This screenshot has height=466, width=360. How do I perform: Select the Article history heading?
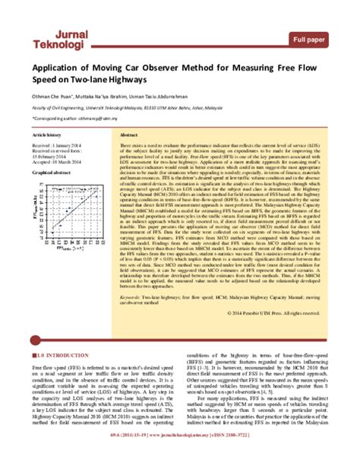point(50,133)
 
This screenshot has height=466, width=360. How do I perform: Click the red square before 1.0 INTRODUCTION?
point(34,355)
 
